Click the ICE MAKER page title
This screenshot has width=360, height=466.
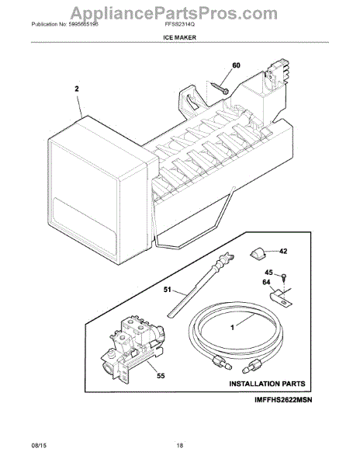[x=179, y=37]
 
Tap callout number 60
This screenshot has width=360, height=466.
[x=236, y=65]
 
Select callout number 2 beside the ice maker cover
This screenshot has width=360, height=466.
[x=77, y=89]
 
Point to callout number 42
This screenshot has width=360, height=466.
[x=283, y=251]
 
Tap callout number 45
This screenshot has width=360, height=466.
[x=268, y=273]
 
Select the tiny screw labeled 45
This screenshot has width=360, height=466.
[x=284, y=277]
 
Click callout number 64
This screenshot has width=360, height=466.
[x=266, y=282]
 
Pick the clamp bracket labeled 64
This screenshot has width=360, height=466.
[x=281, y=298]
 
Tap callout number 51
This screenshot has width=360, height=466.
[x=168, y=289]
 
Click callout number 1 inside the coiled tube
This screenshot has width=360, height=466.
[x=233, y=327]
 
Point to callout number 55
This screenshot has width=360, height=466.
[x=161, y=376]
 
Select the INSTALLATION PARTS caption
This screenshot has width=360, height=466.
[x=267, y=384]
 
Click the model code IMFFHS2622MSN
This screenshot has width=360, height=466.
[x=283, y=400]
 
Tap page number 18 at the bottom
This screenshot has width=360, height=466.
[x=180, y=445]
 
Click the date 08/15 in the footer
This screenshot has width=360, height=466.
[x=39, y=445]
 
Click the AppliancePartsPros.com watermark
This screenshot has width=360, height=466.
[x=174, y=13]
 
